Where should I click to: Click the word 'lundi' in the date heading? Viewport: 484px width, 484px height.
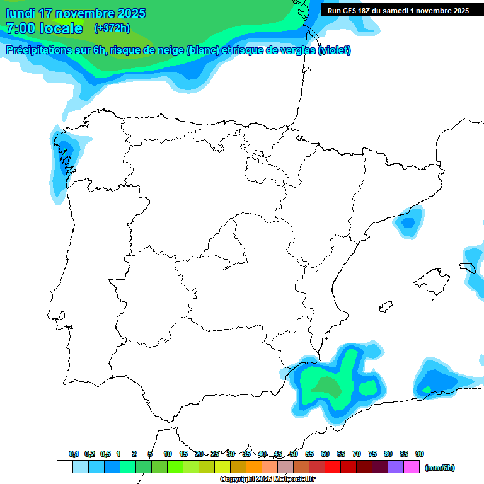coord(21,13)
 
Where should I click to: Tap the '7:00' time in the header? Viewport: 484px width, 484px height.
coord(20,28)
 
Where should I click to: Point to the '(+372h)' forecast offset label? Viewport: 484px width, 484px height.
coord(112,28)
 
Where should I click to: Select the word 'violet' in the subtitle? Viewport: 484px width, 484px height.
coord(334,50)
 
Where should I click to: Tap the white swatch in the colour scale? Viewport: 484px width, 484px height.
coord(64,467)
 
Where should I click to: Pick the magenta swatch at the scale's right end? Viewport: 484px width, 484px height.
coord(412,467)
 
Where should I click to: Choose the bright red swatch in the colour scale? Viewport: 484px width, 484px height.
coord(333,467)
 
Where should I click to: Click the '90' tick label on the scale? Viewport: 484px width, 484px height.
coord(420,454)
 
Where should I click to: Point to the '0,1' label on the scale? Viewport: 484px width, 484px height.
coord(74,454)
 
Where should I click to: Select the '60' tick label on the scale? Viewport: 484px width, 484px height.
coord(325,454)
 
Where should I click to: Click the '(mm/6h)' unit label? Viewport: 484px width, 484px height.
coord(440,468)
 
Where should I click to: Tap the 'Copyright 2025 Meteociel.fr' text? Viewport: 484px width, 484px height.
coord(267,480)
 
